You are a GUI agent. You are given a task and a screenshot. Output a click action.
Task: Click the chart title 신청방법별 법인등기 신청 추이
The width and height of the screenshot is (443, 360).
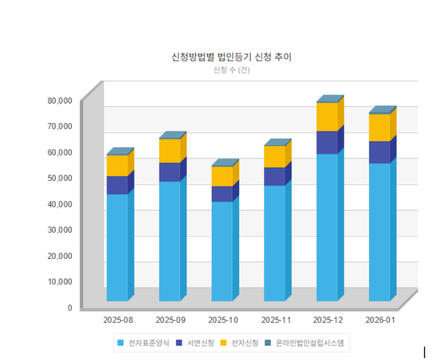pyautogui.click(x=231, y=57)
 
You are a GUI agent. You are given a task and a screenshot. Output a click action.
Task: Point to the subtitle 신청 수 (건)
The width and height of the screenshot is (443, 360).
pyautogui.click(x=231, y=70)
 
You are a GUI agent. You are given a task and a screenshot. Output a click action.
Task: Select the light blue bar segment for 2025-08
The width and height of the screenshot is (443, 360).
pyautogui.click(x=117, y=246)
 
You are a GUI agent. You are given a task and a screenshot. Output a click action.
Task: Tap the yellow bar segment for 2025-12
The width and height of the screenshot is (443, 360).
pyautogui.click(x=327, y=117)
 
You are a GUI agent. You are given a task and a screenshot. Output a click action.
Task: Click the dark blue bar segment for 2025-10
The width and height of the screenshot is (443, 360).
pyautogui.click(x=222, y=194)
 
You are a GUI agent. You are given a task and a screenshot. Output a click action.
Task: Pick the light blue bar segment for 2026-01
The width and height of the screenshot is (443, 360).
pyautogui.click(x=380, y=231)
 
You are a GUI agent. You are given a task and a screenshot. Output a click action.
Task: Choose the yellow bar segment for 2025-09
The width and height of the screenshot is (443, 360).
pyautogui.click(x=170, y=151)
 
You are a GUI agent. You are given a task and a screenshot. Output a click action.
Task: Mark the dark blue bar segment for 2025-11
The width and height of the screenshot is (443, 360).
pyautogui.click(x=274, y=176)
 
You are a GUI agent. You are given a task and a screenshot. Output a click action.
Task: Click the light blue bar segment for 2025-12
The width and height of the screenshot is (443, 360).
pyautogui.click(x=327, y=227)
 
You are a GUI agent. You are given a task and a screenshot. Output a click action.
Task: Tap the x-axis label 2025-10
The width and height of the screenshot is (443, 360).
pyautogui.click(x=222, y=320)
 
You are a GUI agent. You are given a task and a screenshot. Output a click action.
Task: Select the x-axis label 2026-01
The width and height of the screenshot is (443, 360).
pyautogui.click(x=380, y=320)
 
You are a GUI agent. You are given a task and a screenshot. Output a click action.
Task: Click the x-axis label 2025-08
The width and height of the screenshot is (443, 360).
pyautogui.click(x=117, y=320)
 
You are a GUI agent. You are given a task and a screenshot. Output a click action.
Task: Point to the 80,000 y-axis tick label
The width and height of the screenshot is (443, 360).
pyautogui.click(x=60, y=100)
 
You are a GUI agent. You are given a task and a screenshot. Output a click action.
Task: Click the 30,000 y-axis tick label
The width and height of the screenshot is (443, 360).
pyautogui.click(x=60, y=230)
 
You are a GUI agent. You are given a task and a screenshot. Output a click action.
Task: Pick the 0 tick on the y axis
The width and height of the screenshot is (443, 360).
pyautogui.click(x=69, y=307)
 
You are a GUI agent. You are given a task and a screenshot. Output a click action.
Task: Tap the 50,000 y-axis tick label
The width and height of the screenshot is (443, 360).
pyautogui.click(x=60, y=178)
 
